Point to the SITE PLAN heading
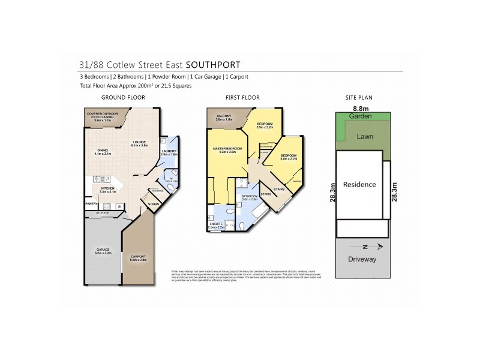click(358, 97)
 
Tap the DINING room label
click(103, 151)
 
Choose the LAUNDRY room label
click(168, 152)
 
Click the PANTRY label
click(91, 203)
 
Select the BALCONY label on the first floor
click(223, 117)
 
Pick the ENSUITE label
click(215, 225)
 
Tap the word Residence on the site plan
click(360, 184)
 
